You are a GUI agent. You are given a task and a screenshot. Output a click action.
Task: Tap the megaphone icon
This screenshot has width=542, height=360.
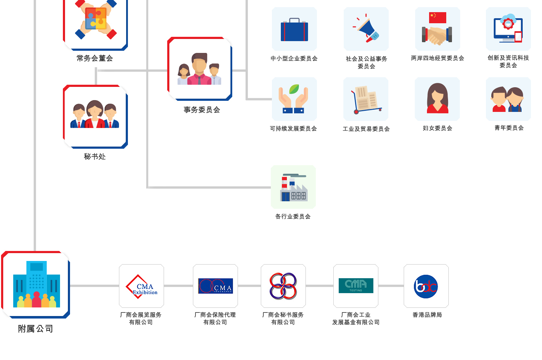tap(366, 28)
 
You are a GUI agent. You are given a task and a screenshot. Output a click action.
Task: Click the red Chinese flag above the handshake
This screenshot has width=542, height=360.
tap(437, 18)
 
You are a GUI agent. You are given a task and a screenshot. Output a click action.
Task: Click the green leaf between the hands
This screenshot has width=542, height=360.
tap(294, 89)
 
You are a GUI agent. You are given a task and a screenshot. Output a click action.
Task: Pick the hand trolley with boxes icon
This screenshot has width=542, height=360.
tap(366, 100)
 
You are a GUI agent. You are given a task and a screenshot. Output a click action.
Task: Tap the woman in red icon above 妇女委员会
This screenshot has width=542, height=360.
tap(437, 98)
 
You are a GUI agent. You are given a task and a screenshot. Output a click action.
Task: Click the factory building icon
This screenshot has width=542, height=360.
tap(294, 187)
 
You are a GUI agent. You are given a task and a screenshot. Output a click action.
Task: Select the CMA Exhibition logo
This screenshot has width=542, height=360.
tap(141, 287)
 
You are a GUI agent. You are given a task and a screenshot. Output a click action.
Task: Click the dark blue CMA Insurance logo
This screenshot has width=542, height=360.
tap(215, 286)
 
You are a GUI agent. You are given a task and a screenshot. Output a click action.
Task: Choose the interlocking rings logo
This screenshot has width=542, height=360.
tap(283, 286)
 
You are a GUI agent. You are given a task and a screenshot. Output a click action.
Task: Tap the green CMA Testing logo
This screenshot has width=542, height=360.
tap(356, 286)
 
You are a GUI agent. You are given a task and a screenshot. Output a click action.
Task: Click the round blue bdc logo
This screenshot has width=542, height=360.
tap(426, 287)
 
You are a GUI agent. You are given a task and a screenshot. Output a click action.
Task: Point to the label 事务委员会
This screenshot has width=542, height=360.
tap(202, 110)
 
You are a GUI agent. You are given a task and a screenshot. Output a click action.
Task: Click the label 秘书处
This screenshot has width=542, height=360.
tap(95, 157)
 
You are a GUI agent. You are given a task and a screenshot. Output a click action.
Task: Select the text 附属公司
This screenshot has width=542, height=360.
tap(35, 329)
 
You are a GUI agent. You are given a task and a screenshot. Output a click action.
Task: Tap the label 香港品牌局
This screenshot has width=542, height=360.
tap(427, 315)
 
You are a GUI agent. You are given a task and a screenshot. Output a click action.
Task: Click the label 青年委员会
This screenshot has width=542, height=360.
tap(509, 128)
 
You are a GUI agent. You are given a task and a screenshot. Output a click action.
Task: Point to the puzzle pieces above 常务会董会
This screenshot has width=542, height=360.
tap(96, 18)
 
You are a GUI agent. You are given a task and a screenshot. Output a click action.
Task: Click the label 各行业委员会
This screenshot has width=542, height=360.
tap(293, 216)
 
